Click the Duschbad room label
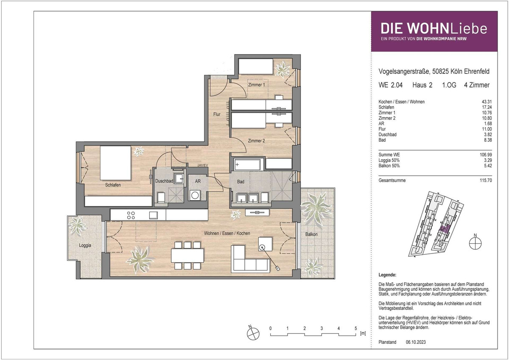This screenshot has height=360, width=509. click(164, 181)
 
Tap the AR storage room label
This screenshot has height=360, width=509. click(198, 181)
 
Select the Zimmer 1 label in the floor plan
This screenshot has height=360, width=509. click(256, 85)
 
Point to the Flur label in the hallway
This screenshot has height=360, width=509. click(217, 114)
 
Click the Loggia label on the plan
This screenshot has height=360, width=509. click(85, 245)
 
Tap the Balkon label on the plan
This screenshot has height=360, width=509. click(311, 234)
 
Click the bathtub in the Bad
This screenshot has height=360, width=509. click(247, 164)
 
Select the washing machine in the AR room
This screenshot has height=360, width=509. click(195, 195)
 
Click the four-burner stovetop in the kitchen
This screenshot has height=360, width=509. click(131, 215)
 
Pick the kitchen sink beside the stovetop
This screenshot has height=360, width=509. click(154, 215)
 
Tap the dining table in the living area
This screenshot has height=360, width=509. click(187, 256)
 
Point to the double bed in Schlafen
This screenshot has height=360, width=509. click(116, 163)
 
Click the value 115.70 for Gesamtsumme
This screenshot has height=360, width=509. click(486, 180)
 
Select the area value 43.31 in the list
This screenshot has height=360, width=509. click(487, 102)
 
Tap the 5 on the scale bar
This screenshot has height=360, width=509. click(356, 329)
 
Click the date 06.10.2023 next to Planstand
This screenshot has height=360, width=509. click(416, 342)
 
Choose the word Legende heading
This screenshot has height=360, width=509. click(387, 275)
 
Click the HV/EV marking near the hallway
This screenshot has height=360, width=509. click(203, 166)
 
